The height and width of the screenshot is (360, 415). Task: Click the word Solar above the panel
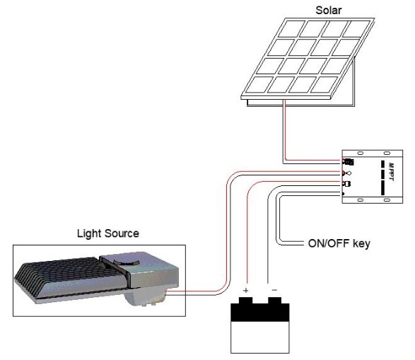coord(329,11)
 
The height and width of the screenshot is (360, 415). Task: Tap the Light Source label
coord(108,233)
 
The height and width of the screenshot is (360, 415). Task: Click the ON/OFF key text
coord(339,243)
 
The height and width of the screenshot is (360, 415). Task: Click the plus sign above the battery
coord(245,291)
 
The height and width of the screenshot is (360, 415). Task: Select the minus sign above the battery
coord(274,290)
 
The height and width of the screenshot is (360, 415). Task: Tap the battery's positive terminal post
coord(245,301)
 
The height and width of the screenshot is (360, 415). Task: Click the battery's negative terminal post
coord(275,301)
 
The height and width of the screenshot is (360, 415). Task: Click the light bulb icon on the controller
coord(349,173)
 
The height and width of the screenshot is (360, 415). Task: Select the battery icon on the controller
coord(349,184)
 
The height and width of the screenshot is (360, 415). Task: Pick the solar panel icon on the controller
coord(349,161)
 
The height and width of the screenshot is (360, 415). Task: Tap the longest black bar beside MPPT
coord(382,187)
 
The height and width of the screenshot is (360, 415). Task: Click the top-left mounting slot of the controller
coord(361,153)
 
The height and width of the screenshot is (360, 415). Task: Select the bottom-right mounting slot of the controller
coord(387,200)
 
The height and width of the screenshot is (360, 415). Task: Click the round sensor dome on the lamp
coord(127,262)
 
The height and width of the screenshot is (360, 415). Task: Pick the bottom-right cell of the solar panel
coord(324,85)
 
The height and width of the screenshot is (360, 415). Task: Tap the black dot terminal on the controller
coord(344,194)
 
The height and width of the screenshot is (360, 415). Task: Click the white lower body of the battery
coord(260,337)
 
